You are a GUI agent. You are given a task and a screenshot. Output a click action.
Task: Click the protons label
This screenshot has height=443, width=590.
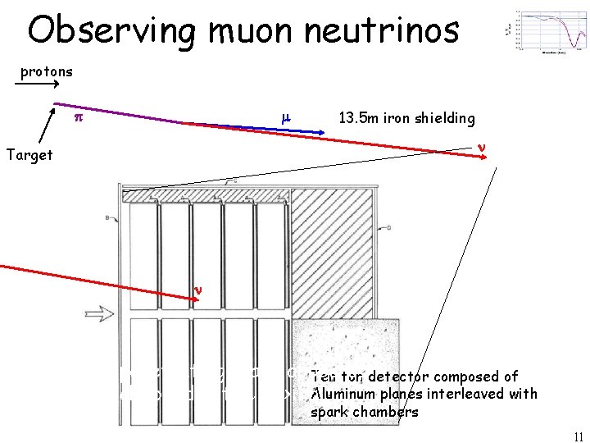click(x=47, y=71)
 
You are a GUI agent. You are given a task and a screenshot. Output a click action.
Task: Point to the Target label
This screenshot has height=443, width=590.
click(x=29, y=154)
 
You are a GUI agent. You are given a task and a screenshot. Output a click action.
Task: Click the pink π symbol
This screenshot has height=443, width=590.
click(x=78, y=118)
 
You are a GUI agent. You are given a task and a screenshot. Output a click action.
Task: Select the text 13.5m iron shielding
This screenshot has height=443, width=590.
click(x=406, y=118)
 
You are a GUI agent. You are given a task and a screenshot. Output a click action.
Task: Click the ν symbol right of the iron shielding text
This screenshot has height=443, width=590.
click(x=482, y=148)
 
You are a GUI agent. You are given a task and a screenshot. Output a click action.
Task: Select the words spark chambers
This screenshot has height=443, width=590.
click(x=364, y=411)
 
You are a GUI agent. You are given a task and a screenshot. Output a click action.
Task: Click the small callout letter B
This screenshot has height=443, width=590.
click(x=108, y=217)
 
